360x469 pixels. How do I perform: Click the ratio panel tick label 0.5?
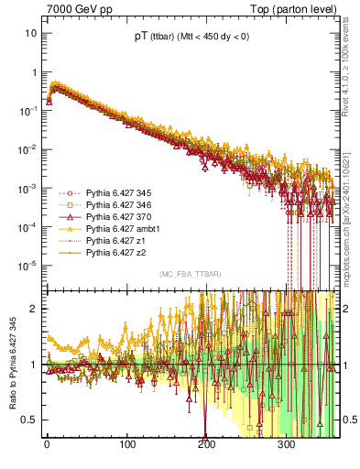coord(31,420)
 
